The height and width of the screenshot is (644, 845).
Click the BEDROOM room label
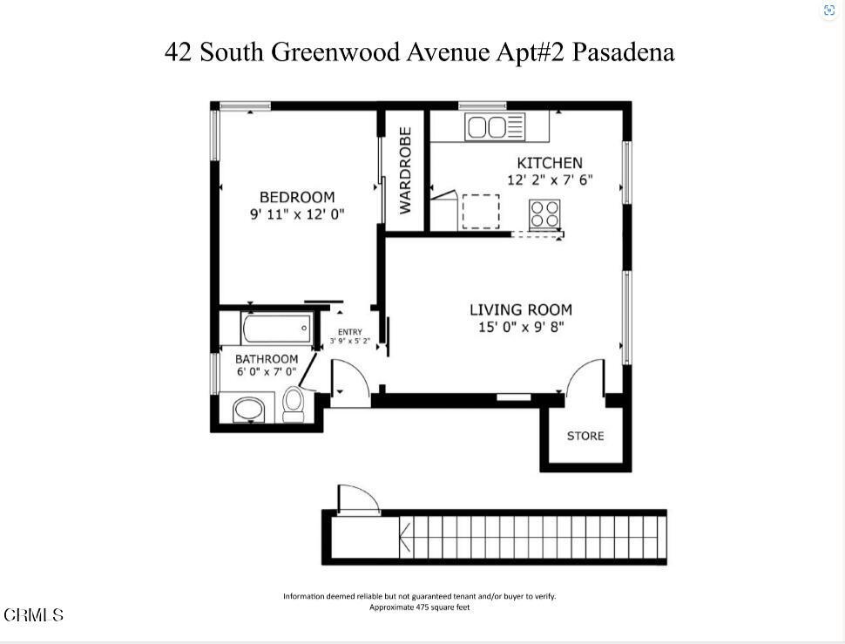296,198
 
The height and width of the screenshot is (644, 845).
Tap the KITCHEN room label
549,163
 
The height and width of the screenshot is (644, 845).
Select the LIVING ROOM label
521,309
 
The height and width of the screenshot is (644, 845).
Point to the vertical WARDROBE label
405,171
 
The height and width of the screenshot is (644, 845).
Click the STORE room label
585,436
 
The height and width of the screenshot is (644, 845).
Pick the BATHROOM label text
267,359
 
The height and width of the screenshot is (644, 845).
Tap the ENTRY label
349,331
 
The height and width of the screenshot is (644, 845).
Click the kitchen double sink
486,128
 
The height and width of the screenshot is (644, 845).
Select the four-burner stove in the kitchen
545,214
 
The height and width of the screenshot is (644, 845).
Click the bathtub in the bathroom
276,329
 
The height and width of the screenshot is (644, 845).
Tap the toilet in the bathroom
294,403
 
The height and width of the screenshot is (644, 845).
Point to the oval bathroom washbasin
250,409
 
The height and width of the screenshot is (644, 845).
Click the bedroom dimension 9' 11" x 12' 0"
297,214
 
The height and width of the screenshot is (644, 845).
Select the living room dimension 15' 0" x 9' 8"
521,327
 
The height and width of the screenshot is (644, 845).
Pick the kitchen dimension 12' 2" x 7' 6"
550,180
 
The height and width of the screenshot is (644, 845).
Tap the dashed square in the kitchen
480,211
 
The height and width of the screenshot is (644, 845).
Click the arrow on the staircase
406,538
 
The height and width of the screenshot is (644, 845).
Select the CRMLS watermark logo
33,615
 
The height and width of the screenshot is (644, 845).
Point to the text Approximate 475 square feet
419,607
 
